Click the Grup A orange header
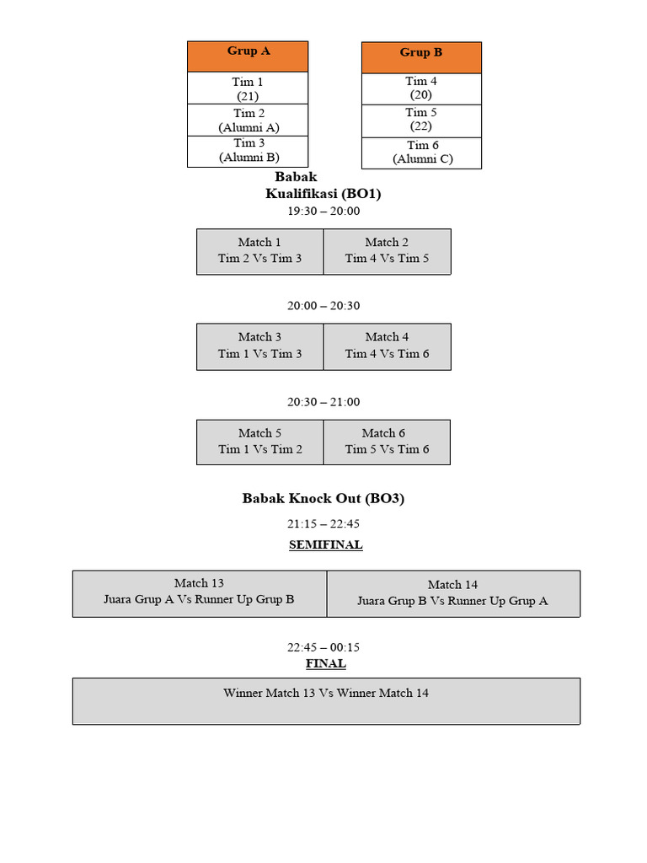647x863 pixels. tap(248, 56)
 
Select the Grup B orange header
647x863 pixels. tap(421, 57)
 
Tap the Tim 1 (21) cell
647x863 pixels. tap(248, 88)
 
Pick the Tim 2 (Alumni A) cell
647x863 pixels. tap(248, 121)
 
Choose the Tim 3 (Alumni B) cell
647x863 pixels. tap(248, 151)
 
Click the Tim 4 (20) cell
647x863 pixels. tap(421, 88)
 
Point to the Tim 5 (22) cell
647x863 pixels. tap(421, 120)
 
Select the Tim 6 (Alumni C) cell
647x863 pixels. tap(421, 153)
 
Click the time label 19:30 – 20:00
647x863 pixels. tap(323, 212)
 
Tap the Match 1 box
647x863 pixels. tap(259, 251)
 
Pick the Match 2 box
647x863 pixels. tap(387, 251)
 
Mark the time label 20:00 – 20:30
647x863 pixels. tap(323, 306)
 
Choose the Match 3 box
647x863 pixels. tap(259, 346)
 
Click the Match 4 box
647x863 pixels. tap(387, 346)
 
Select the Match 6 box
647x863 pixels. tap(387, 442)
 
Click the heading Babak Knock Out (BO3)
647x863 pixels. tap(323, 499)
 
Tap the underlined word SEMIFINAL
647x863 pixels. tap(325, 545)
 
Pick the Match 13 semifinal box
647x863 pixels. tap(199, 592)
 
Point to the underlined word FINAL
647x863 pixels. tap(325, 664)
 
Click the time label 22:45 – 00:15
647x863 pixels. tap(323, 648)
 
